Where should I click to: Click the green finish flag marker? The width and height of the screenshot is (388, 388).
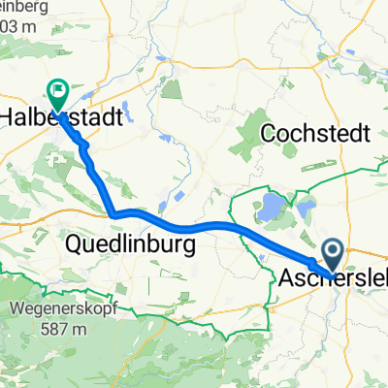pyautogui.click(x=58, y=95)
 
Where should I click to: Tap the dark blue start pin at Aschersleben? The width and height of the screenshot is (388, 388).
pyautogui.click(x=332, y=255)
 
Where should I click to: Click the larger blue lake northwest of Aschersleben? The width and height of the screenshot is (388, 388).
pyautogui.click(x=269, y=206)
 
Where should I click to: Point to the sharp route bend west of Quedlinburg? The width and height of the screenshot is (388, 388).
pyautogui.click(x=114, y=213)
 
